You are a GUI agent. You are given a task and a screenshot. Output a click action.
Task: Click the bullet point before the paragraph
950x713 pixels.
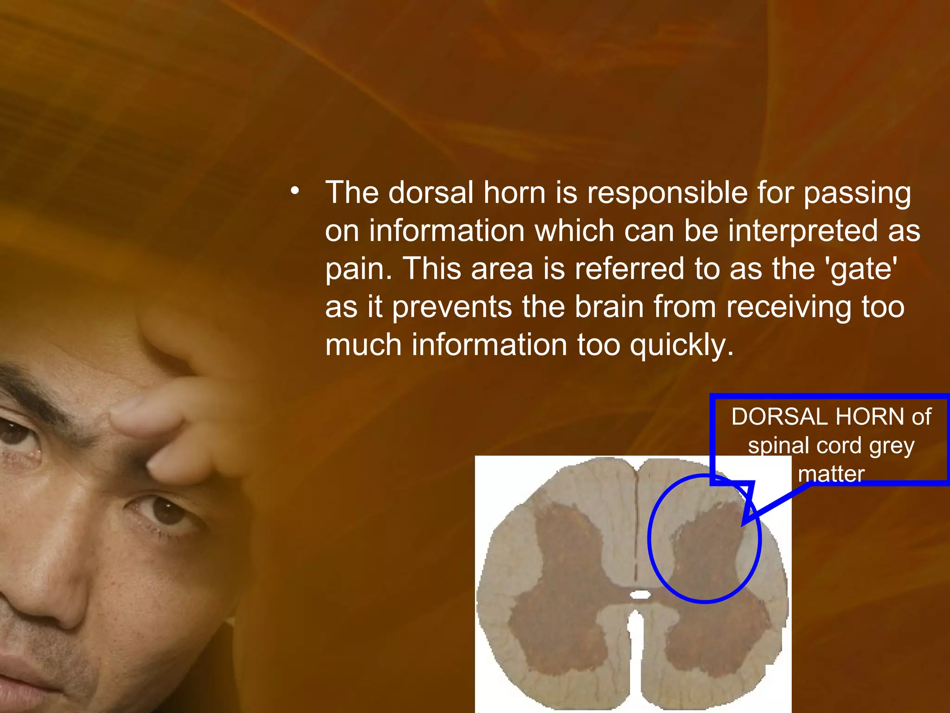coord(295,190)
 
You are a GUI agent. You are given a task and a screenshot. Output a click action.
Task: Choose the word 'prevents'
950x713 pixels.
coord(451,308)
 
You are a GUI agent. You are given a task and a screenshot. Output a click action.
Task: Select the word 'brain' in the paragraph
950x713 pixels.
coord(609,307)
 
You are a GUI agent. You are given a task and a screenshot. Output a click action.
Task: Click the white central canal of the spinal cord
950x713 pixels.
coord(640,594)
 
